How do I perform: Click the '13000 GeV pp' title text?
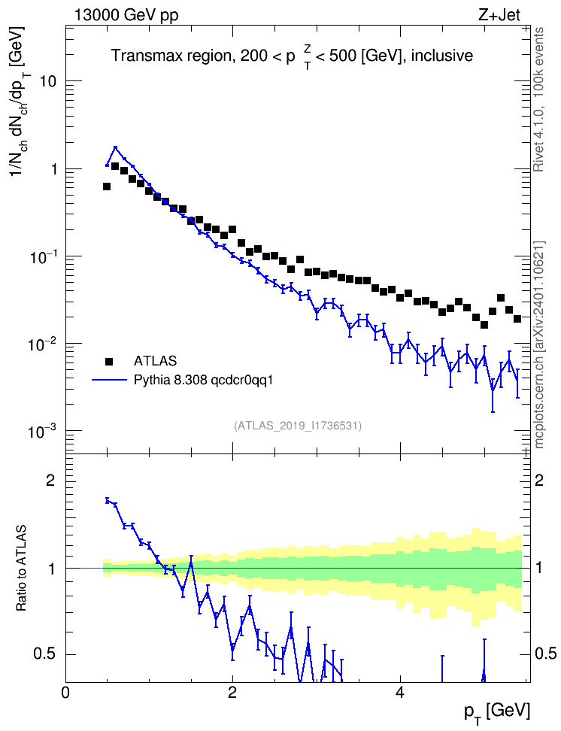pyautogui.click(x=126, y=15)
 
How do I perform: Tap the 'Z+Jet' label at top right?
pyautogui.click(x=499, y=15)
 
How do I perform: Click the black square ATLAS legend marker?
pyautogui.click(x=109, y=361)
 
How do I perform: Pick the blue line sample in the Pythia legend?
pyautogui.click(x=110, y=380)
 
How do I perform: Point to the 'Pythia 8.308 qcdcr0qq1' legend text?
pyautogui.click(x=203, y=381)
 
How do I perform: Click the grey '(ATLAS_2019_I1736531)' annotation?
pyautogui.click(x=298, y=425)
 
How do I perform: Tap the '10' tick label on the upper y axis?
pyautogui.click(x=45, y=81)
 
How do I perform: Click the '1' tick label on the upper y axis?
pyautogui.click(x=53, y=168)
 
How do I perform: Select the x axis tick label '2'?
pyautogui.click(x=232, y=693)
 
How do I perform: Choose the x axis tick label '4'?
pyautogui.click(x=399, y=693)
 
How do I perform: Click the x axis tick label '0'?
pyautogui.click(x=65, y=693)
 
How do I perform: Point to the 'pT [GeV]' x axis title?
pyautogui.click(x=497, y=712)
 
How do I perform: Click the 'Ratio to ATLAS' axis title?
pyautogui.click(x=20, y=569)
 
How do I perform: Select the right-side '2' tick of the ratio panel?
pyautogui.click(x=539, y=481)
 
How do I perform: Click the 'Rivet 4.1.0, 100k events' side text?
pyautogui.click(x=538, y=99)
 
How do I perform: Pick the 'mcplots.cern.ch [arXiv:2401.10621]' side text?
pyautogui.click(x=538, y=345)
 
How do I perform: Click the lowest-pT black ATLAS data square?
pyautogui.click(x=107, y=187)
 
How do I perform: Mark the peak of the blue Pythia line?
pyautogui.click(x=115, y=148)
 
